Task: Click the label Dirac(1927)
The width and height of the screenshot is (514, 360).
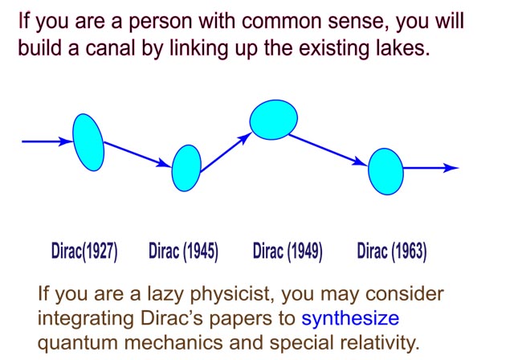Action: [x=84, y=252]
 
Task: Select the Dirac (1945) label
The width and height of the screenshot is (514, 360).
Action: [x=183, y=252]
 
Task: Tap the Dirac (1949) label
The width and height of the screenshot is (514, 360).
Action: [x=288, y=252]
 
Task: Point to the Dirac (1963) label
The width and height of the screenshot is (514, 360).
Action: [x=392, y=252]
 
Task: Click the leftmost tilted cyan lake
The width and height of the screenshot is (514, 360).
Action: [x=88, y=142]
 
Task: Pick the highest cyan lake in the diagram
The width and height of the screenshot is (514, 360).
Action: [x=274, y=120]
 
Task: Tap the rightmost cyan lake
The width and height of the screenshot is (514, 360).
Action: [x=385, y=171]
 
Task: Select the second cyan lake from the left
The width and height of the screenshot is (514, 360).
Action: [x=186, y=168]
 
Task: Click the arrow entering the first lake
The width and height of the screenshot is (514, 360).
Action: [x=47, y=141]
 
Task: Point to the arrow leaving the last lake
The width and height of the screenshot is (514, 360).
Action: [x=430, y=168]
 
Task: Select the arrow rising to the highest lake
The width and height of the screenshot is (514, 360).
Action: [x=225, y=152]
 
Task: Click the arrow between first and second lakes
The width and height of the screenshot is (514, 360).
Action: [x=137, y=154]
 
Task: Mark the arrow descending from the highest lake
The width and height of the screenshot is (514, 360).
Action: [x=328, y=149]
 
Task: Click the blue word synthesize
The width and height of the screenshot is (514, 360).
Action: [x=350, y=318]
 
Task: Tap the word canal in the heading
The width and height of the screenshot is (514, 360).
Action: [x=110, y=48]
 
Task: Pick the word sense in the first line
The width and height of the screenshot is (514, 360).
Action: [x=359, y=21]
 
